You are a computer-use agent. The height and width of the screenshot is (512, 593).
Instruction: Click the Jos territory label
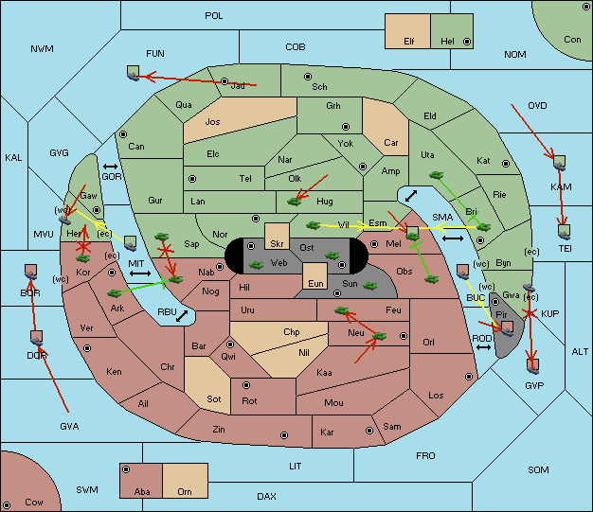point(212,122)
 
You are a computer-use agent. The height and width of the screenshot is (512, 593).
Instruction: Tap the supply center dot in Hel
point(467,42)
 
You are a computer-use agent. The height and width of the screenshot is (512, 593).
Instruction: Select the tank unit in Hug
point(295,202)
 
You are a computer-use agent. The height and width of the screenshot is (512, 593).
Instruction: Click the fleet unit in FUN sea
point(133,73)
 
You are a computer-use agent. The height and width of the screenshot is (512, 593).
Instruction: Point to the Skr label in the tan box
point(277,244)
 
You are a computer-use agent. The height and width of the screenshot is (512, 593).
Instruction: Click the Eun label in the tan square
point(315,283)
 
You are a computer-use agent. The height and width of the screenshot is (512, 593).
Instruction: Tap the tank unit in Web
point(257,265)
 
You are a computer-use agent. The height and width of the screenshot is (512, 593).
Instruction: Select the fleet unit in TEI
point(565,232)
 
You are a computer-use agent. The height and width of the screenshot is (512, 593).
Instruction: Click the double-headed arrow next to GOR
point(111,167)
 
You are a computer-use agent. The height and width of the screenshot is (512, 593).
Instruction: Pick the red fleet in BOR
point(30,272)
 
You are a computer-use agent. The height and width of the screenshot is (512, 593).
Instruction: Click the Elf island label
point(409,42)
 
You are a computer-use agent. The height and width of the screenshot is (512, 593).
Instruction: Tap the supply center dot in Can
point(123,134)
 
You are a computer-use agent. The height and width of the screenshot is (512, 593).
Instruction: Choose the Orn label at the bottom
point(185,491)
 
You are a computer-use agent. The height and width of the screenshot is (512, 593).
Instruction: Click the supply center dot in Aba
point(126,469)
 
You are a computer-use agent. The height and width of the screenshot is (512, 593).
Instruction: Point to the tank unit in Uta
point(436,175)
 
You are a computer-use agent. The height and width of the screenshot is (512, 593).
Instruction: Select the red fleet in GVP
point(533,365)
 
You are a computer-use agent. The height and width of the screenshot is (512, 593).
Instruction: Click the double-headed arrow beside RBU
point(182,315)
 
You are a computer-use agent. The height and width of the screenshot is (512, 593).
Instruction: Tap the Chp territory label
point(292,332)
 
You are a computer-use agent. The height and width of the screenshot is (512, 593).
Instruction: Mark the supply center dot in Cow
point(7,504)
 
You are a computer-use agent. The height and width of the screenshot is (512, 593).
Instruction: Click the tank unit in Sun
point(369,286)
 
